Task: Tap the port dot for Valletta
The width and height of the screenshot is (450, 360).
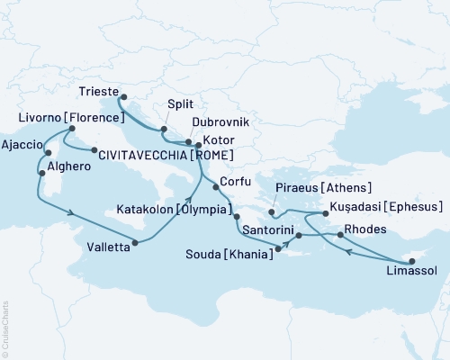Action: [x=134, y=241]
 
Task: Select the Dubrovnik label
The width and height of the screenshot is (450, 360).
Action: [x=219, y=121]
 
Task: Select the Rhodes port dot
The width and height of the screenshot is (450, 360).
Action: [x=338, y=235]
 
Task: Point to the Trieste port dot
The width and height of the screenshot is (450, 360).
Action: [x=122, y=98]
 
